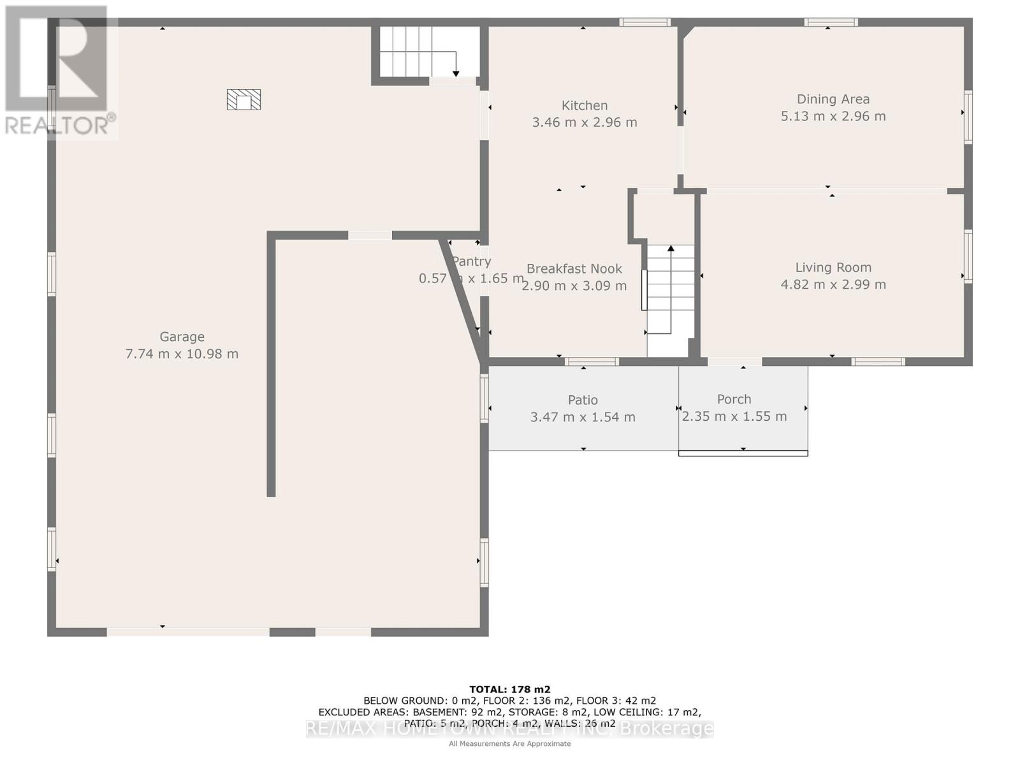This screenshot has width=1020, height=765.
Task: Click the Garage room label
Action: click(182, 337)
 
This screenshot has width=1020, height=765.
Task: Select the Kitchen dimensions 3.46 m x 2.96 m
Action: click(584, 122)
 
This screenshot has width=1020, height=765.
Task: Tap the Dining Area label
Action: click(833, 99)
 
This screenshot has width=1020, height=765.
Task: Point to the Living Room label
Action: click(833, 268)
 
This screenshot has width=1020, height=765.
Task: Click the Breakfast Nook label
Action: click(574, 269)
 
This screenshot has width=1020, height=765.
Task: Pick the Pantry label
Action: click(472, 261)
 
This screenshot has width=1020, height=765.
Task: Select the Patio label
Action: click(583, 400)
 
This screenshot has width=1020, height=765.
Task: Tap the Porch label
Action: click(734, 399)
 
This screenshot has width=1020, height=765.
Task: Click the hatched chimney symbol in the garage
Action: click(244, 99)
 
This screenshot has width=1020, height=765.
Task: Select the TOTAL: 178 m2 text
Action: click(509, 689)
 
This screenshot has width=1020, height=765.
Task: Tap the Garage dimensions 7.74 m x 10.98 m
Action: click(182, 354)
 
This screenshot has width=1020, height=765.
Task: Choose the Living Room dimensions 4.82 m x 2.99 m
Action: click(833, 285)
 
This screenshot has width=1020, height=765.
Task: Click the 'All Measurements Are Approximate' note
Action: click(509, 744)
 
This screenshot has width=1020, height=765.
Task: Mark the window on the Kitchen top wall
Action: click(645, 22)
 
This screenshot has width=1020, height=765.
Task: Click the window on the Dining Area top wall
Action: click(830, 22)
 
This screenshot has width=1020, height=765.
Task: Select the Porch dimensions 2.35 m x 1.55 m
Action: click(734, 417)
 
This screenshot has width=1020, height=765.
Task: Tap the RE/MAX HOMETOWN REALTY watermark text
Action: click(509, 729)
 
